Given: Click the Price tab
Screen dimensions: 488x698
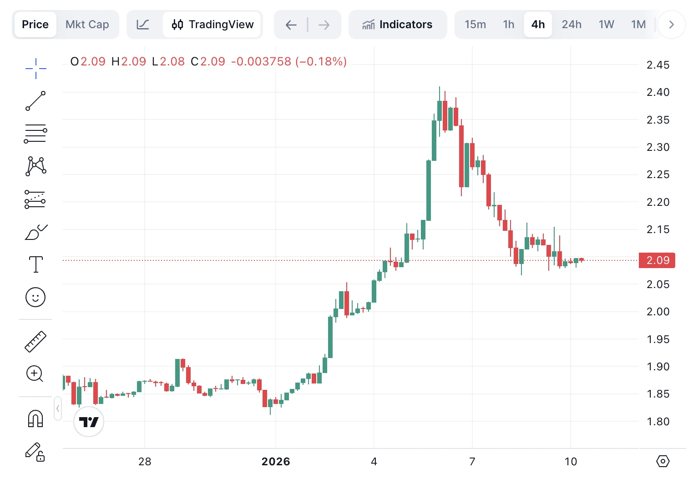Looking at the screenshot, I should pos(35,25).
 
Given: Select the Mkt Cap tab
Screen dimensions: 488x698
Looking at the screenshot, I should pos(87,25).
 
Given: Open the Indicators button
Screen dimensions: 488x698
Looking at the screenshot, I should pos(397,25).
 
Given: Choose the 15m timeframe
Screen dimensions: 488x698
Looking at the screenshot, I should pos(475,25).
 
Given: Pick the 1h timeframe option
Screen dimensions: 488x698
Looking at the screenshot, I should pos(509,25).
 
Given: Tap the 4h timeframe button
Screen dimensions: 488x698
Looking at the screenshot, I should pos(538,25).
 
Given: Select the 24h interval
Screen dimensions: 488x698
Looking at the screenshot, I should pos(572,25).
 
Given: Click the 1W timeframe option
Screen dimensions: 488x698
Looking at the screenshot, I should pos(606,25).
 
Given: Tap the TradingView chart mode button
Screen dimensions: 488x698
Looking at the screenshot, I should pos(212,25).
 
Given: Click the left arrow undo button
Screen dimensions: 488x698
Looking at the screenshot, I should pos(291,25).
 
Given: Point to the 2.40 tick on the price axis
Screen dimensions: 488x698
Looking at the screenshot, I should pos(658,92).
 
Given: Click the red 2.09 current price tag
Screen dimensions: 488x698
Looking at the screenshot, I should pos(658,260).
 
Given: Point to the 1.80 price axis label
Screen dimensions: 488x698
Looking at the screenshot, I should pos(658,422).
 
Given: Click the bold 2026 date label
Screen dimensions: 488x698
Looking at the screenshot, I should pos(276,462).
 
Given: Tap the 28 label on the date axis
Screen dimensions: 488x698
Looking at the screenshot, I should pos(145,462).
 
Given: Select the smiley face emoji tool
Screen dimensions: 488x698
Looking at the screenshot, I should pos(35,297).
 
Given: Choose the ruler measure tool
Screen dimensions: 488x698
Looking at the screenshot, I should pos(35,342).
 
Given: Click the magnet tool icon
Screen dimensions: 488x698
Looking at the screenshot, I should pos(35,418).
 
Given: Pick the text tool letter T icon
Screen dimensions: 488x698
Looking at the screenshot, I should pos(35,264).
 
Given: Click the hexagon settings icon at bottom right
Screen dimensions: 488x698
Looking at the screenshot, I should pos(663,461).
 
